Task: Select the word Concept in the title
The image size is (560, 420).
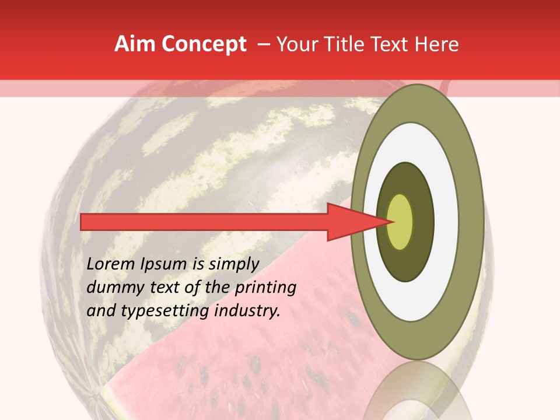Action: tap(204, 44)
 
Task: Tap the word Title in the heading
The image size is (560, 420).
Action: tap(345, 44)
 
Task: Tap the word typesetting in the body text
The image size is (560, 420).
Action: tap(167, 311)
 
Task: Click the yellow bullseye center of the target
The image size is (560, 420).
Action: tap(400, 222)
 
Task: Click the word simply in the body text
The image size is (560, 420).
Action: tap(233, 265)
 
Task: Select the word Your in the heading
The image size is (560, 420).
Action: tap(296, 44)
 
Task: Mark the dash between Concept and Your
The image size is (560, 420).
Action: tap(263, 44)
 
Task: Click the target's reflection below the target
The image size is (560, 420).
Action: tap(417, 394)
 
